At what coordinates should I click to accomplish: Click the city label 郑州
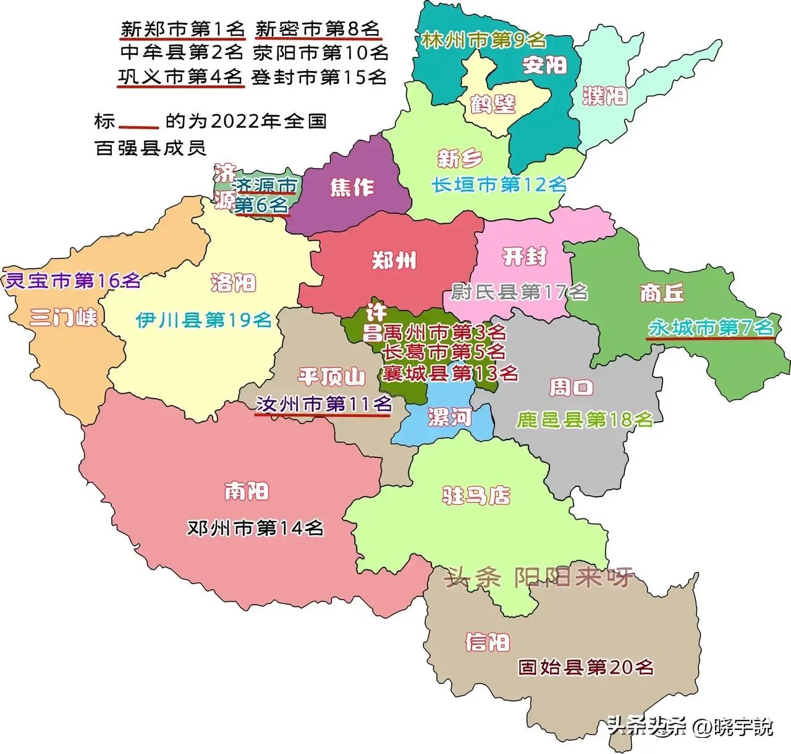coord(394,260)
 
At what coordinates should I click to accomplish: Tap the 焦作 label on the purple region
coord(352,187)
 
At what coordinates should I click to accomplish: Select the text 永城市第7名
coord(711,328)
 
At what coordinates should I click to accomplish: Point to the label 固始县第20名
coord(586,667)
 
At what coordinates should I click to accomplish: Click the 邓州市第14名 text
coord(256,528)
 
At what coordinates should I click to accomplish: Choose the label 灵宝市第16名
coord(72,281)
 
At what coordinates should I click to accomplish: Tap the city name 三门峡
coord(64,318)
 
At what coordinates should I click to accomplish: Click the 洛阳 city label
coord(233,283)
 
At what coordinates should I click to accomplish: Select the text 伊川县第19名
coord(204,320)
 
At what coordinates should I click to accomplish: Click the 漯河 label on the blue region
coord(449,418)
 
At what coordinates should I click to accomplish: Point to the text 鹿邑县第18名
coord(585,420)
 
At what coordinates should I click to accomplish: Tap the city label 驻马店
coord(476,495)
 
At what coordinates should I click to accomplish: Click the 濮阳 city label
coord(605,96)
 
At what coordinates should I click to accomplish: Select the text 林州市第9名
coord(484,41)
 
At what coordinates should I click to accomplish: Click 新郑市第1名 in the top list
coord(183,28)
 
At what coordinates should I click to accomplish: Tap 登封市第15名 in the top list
coord(319,77)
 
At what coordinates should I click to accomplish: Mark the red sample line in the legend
coord(139,127)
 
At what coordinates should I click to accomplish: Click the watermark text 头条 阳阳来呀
coord(539,577)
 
